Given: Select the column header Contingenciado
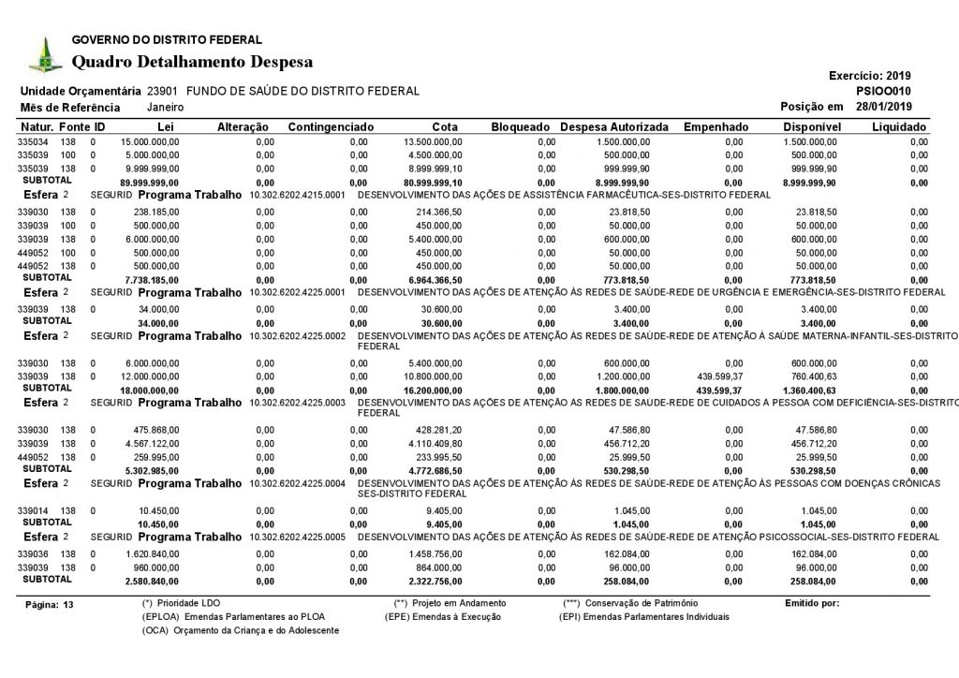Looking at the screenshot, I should [x=331, y=126].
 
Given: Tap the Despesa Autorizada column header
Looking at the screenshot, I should [x=613, y=126].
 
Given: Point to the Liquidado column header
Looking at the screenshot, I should [x=898, y=126].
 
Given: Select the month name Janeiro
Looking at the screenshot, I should [x=165, y=108].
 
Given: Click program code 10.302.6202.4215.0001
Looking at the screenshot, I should [x=298, y=195].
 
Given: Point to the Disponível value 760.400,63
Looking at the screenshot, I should [x=812, y=376].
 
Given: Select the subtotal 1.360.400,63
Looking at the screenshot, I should [x=810, y=390].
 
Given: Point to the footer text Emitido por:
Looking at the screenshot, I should [x=813, y=603].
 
